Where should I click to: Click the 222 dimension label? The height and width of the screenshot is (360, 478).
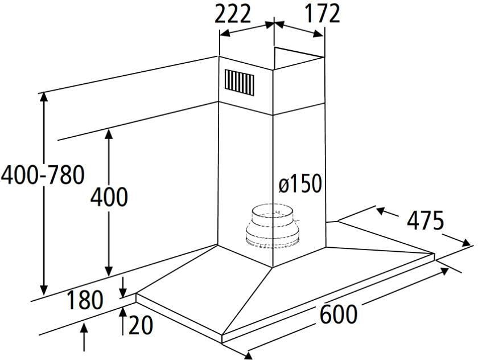[x=233, y=14]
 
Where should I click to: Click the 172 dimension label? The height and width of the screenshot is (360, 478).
[x=322, y=14]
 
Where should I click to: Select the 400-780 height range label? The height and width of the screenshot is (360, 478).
[x=42, y=175]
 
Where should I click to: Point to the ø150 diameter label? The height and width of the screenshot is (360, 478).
[x=300, y=183]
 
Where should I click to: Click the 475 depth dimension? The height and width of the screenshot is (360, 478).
[x=426, y=220]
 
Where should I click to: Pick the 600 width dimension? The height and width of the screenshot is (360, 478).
[x=339, y=314]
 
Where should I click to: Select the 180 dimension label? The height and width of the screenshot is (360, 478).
[x=85, y=300]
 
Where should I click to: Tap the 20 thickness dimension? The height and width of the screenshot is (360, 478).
[x=140, y=325]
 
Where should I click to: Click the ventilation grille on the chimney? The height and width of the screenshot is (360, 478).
[x=240, y=83]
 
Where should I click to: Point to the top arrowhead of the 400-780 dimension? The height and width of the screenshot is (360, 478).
[x=44, y=97]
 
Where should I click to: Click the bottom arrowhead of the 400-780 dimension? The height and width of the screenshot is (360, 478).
[x=44, y=290]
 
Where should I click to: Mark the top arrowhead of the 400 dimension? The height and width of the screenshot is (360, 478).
[x=109, y=134]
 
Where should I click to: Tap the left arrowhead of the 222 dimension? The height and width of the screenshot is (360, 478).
[x=225, y=33]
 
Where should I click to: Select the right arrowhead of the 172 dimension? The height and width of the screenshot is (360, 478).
[x=318, y=34]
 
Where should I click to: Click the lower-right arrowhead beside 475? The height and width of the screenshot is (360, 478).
[x=465, y=243]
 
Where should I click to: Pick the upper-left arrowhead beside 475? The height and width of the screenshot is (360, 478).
[x=382, y=210]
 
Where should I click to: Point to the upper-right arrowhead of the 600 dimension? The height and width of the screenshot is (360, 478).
[x=443, y=271]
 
